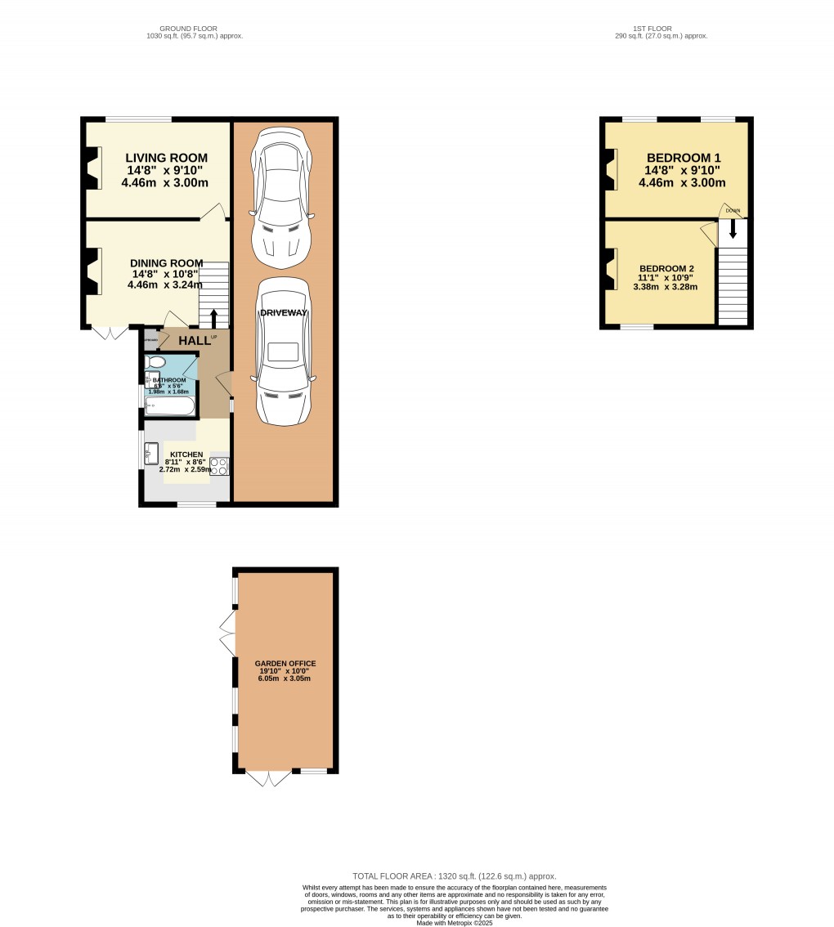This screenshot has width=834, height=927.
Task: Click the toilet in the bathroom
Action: tap(155, 362)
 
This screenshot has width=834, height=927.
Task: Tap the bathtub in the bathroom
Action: tap(169, 405)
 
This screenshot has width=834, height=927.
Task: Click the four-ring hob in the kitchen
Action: tap(219, 466)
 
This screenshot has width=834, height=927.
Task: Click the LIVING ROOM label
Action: tap(166, 158)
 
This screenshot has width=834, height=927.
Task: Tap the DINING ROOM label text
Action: tap(167, 263)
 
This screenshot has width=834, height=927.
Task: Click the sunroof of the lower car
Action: tap(283, 352)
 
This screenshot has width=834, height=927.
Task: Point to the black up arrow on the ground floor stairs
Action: tap(214, 317)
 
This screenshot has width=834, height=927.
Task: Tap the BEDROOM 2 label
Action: tap(666, 269)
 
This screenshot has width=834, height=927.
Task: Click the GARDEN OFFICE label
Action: tap(285, 664)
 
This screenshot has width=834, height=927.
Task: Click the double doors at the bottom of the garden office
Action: tap(269, 780)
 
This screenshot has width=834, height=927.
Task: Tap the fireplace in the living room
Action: tap(92, 168)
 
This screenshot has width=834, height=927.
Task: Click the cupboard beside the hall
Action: tap(151, 338)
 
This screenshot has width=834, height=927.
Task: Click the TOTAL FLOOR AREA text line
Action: tap(454, 875)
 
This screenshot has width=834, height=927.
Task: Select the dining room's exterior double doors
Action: tap(110, 334)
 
